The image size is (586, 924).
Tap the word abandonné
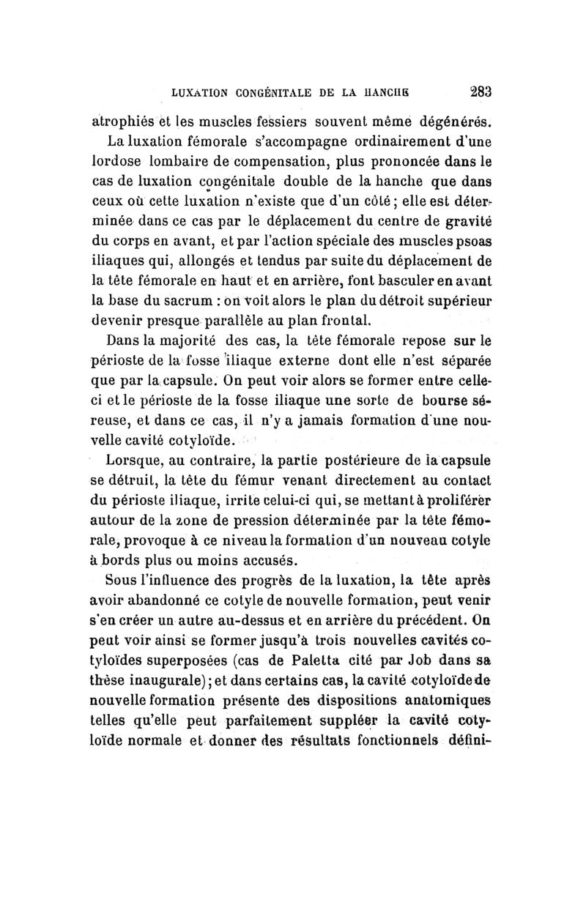[185, 601]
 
